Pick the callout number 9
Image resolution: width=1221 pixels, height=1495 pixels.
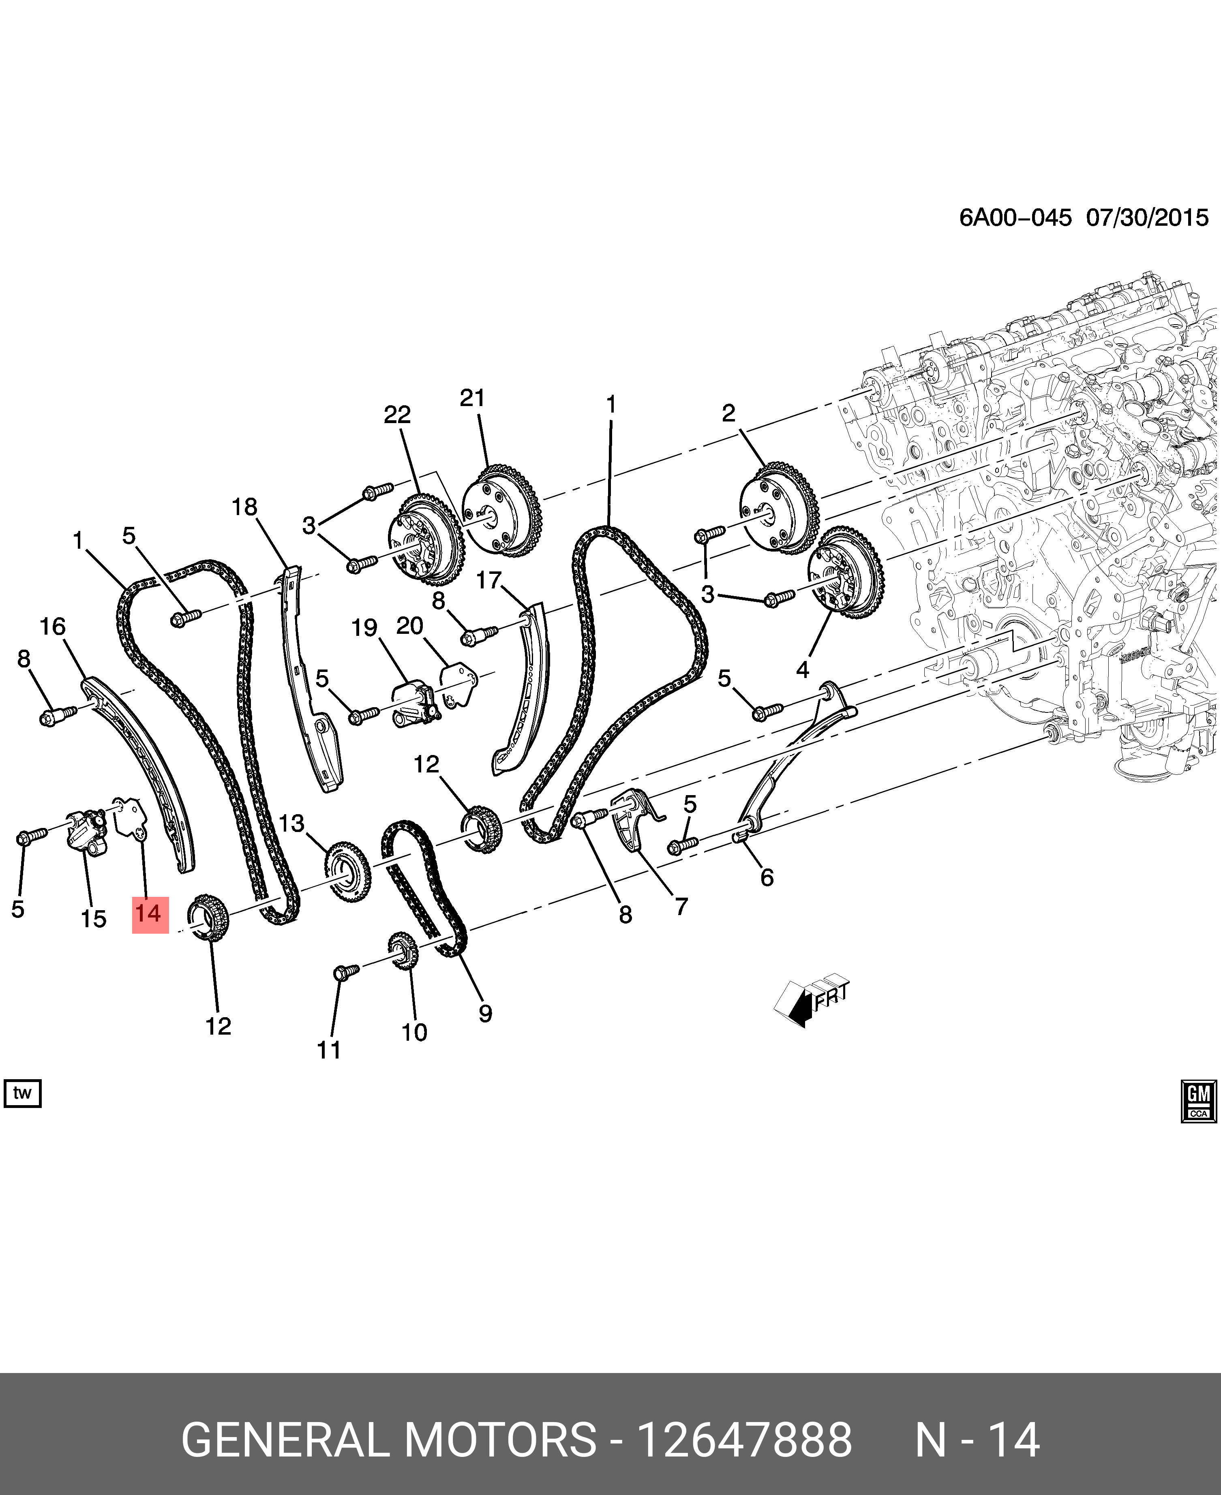[x=485, y=1013]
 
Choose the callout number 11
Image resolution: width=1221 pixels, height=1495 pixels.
[x=328, y=1050]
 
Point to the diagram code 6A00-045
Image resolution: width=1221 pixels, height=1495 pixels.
[x=1015, y=217]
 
